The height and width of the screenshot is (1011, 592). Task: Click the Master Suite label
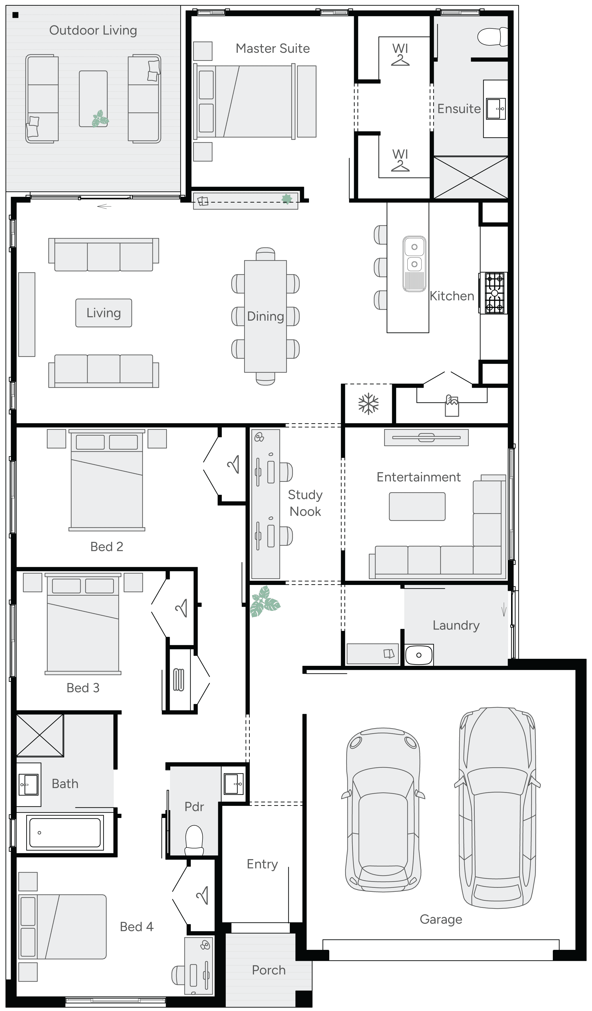273,48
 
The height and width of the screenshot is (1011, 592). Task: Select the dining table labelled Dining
265,316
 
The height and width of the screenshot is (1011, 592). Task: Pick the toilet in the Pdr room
194,838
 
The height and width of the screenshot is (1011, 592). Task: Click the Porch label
268,970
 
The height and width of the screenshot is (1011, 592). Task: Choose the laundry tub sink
419,655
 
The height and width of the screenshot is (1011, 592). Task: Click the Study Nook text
305,503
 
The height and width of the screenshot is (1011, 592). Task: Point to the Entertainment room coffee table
417,507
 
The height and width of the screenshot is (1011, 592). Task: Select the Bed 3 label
83,688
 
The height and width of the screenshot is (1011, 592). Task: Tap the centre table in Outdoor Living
93,99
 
